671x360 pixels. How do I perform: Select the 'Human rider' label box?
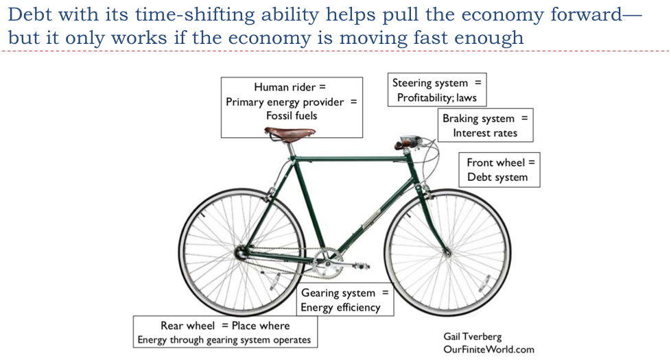tap(292, 106)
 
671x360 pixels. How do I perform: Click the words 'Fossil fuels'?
tap(292, 116)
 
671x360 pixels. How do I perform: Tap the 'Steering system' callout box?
tap(436, 90)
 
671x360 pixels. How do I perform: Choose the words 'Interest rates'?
tap(485, 132)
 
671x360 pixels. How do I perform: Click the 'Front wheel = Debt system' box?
tap(499, 169)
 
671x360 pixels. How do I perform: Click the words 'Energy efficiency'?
tap(340, 307)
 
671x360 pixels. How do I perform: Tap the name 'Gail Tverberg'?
tap(474, 336)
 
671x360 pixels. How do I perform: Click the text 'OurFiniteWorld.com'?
tap(487, 349)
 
